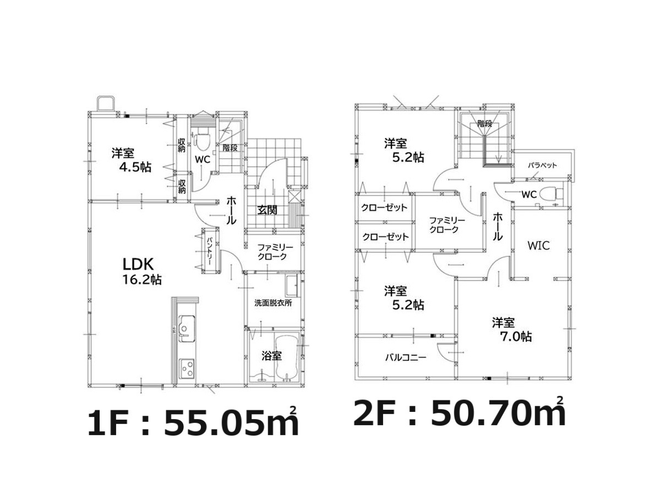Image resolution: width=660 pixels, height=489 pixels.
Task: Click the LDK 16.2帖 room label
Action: [x=142, y=271]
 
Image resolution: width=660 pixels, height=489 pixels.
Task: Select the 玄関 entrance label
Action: [x=268, y=209]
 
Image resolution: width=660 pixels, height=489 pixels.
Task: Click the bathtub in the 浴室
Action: [x=287, y=357]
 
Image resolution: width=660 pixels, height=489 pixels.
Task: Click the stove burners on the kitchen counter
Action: [x=187, y=368]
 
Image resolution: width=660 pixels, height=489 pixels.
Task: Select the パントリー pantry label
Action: [x=209, y=251]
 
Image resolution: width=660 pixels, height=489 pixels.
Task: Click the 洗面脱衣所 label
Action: [x=273, y=303]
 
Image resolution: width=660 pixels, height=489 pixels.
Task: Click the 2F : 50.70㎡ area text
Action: [x=459, y=412]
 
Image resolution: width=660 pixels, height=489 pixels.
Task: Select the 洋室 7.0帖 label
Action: [x=511, y=330]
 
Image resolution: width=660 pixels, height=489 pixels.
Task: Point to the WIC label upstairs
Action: [x=538, y=245]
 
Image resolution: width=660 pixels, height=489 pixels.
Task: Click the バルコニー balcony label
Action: [x=405, y=357]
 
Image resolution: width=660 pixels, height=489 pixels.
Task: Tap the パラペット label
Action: [x=542, y=165]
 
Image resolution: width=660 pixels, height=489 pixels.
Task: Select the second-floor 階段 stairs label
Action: [x=484, y=124]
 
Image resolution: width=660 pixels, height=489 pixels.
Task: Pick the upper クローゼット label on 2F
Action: [x=384, y=208]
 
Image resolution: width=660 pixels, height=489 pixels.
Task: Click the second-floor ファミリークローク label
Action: [x=446, y=225]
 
